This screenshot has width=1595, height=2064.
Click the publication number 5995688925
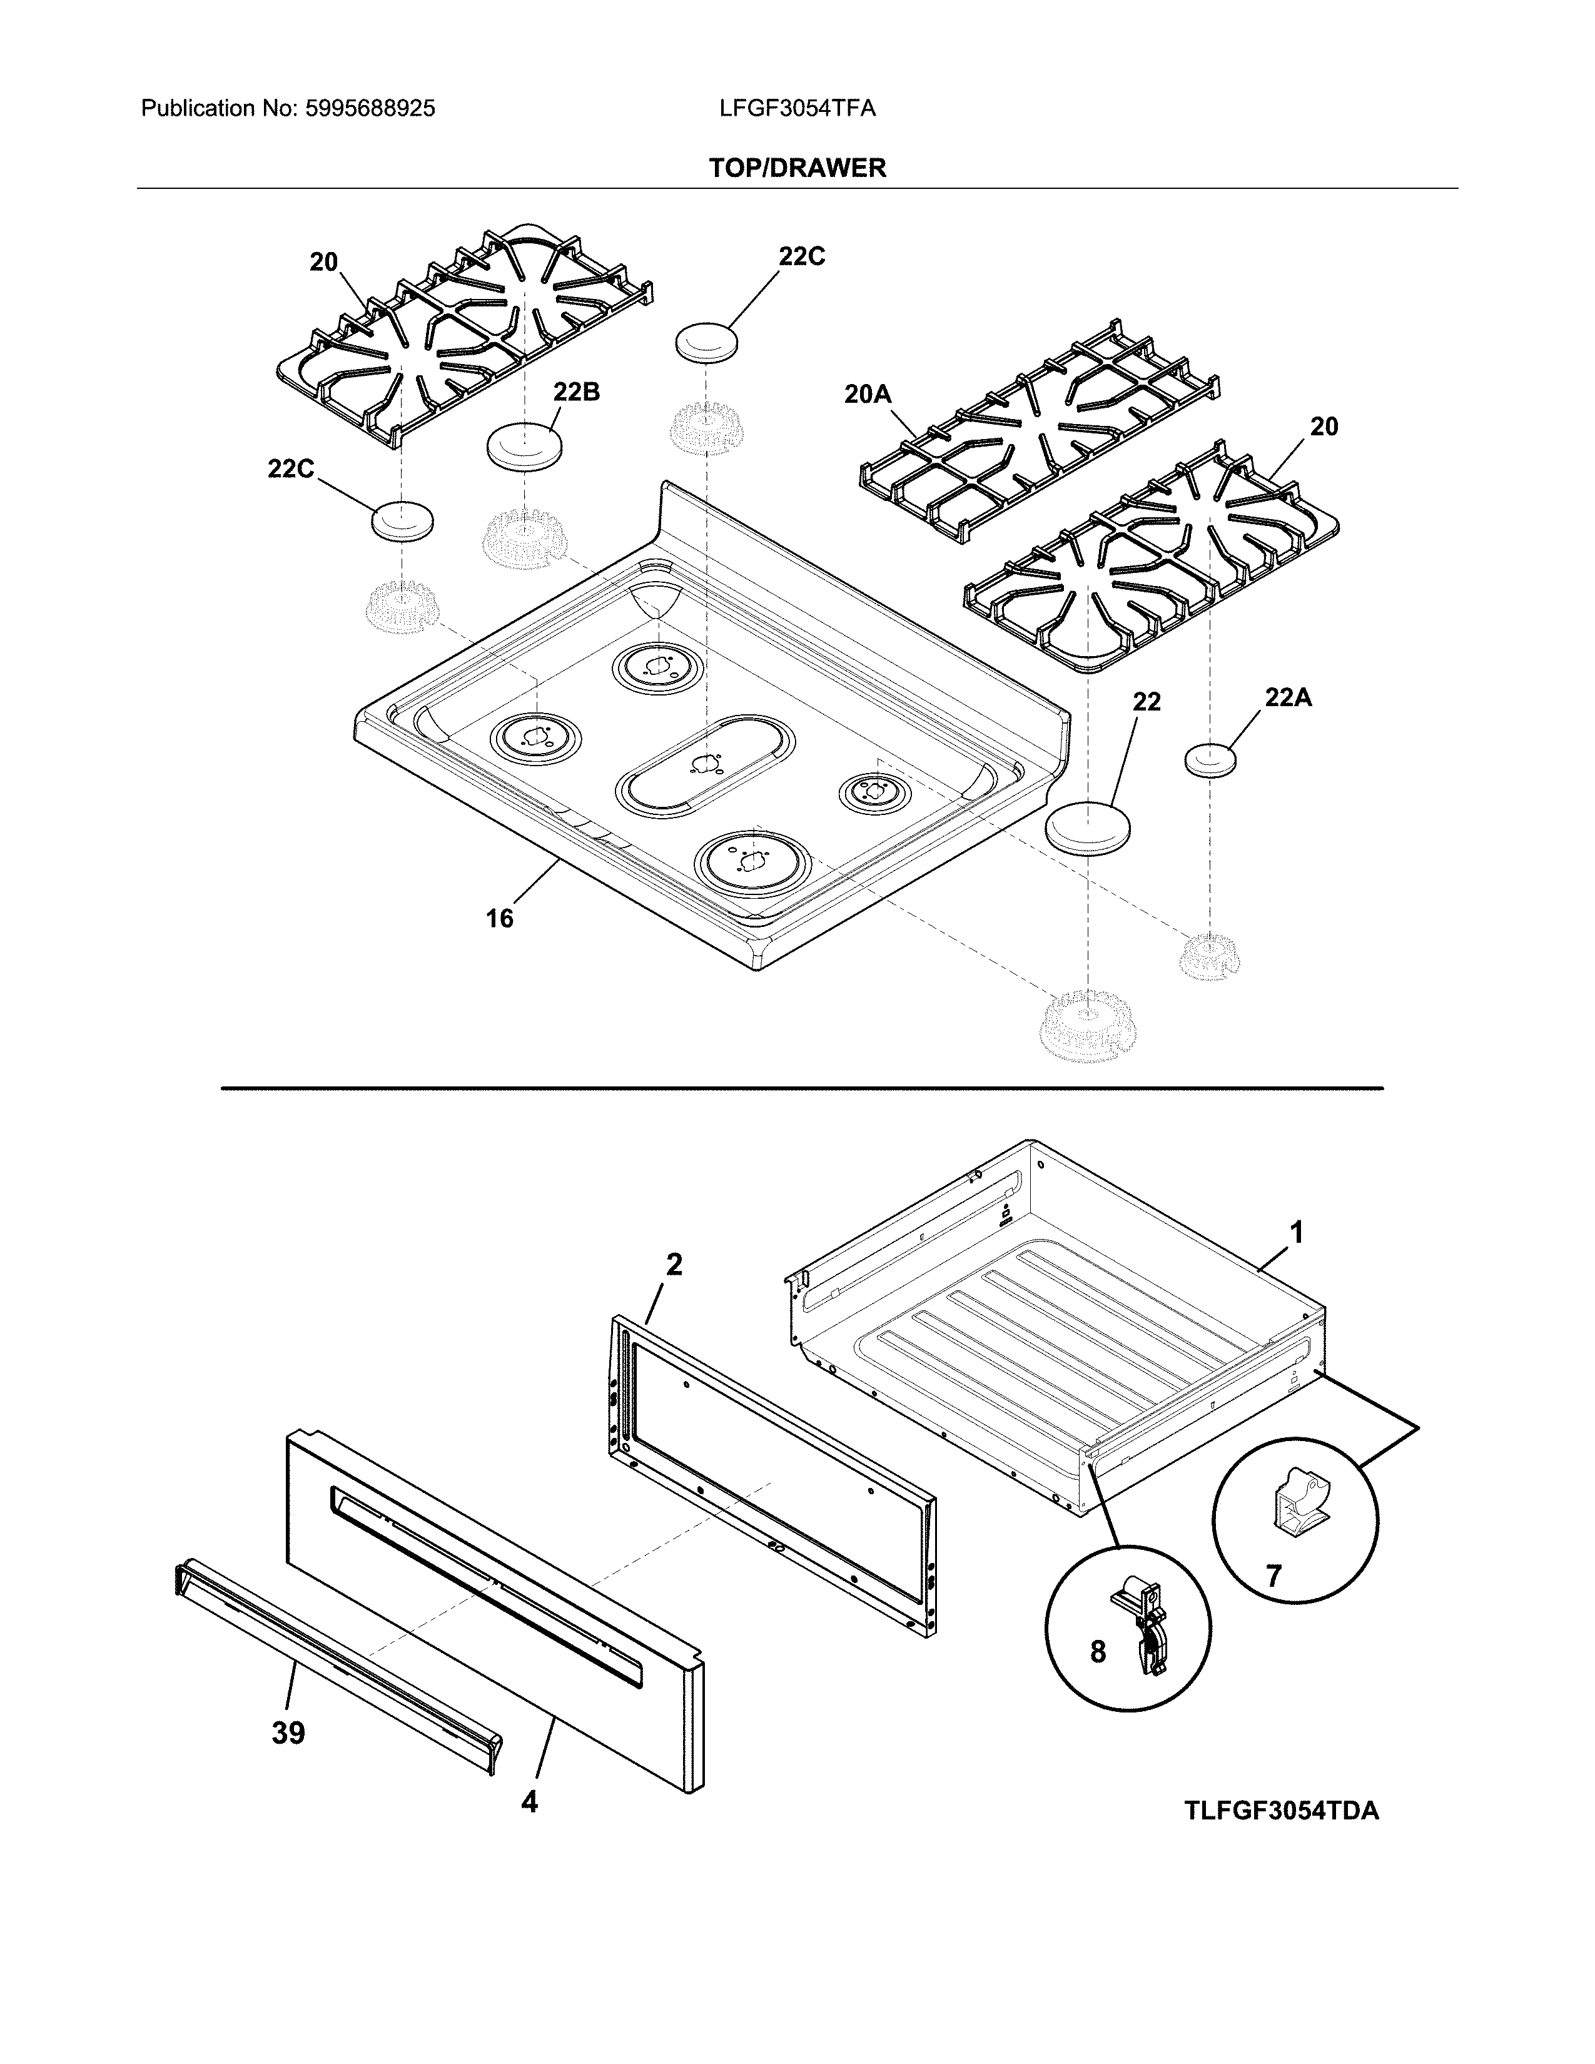pyautogui.click(x=370, y=109)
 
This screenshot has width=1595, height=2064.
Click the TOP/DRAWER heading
pyautogui.click(x=797, y=168)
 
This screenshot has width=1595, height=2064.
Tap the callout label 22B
pyautogui.click(x=577, y=392)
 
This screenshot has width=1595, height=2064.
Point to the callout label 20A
pyautogui.click(x=868, y=394)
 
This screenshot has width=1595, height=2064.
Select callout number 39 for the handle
pyautogui.click(x=288, y=1733)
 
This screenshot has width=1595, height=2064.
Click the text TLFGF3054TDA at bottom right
pyautogui.click(x=1280, y=1811)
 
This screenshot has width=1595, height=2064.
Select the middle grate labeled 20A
pyautogui.click(x=1040, y=435)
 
